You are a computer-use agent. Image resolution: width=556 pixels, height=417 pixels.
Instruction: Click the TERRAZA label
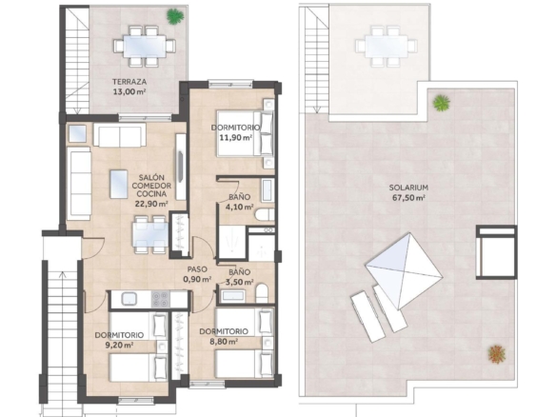(x=129, y=82)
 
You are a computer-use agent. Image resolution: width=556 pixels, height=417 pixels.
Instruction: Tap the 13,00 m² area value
(x=129, y=91)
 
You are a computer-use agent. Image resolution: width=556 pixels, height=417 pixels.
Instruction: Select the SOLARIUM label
(x=408, y=188)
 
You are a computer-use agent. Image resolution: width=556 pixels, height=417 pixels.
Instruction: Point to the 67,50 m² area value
(x=408, y=198)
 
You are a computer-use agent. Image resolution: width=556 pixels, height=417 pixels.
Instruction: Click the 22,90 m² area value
(x=151, y=204)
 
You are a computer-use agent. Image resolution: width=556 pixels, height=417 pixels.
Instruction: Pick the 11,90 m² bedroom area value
(x=236, y=137)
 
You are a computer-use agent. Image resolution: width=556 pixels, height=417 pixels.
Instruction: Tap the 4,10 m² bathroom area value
(x=239, y=207)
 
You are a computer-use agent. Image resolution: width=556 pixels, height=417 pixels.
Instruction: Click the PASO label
(x=197, y=269)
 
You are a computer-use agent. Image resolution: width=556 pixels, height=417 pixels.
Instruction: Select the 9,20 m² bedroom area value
(x=119, y=345)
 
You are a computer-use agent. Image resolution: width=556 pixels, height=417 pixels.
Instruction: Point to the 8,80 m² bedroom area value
(x=224, y=342)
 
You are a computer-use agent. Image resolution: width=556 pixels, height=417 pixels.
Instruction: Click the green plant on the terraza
(x=175, y=16)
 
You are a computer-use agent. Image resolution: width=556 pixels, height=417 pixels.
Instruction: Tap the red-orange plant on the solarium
(x=496, y=354)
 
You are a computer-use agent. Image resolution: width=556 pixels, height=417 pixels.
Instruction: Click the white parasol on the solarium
(x=404, y=271)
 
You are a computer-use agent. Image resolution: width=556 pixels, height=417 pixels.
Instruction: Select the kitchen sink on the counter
(x=129, y=299)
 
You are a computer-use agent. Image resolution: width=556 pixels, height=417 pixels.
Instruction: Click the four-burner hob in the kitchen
(x=161, y=299)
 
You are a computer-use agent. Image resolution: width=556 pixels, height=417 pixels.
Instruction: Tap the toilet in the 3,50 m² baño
(x=262, y=293)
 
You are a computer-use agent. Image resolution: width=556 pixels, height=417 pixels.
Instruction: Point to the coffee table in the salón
(x=119, y=184)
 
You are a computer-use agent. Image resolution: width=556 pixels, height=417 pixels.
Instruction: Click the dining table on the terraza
(x=145, y=46)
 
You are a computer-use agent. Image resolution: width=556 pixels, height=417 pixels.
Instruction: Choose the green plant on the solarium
(x=441, y=103)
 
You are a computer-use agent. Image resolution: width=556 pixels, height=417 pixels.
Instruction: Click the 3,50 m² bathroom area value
(x=239, y=282)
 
